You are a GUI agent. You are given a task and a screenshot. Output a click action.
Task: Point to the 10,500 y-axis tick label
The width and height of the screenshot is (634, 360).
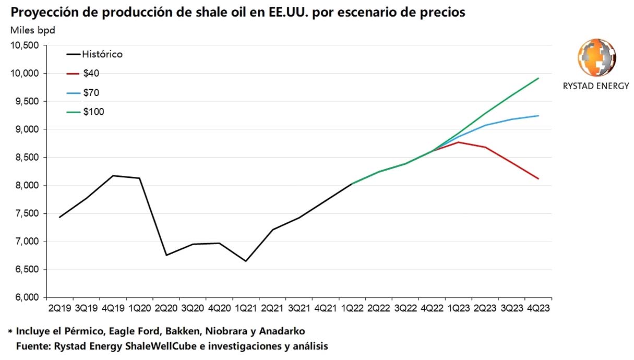pos(25,45)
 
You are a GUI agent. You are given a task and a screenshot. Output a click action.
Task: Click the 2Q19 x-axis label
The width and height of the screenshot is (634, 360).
pos(59,309)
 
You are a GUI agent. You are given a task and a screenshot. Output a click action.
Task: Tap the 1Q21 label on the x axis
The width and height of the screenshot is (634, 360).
pos(245,309)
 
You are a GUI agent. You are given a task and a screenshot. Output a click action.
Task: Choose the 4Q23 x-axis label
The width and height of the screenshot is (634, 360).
pos(538,309)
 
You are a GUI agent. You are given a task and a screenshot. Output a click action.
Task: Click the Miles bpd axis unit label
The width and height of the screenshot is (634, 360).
pos(32,30)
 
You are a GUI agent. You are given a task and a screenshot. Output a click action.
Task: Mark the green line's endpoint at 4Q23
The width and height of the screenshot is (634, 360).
pos(539,78)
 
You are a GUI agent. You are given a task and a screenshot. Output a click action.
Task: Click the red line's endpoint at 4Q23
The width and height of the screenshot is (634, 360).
pos(539,179)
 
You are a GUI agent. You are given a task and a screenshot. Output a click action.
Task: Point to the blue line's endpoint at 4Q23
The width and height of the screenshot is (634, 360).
pos(539,116)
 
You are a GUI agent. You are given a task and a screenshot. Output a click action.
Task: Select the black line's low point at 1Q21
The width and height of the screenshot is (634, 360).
pos(245,261)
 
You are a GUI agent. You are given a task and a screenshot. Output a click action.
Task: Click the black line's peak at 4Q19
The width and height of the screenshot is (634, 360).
pos(114,176)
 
